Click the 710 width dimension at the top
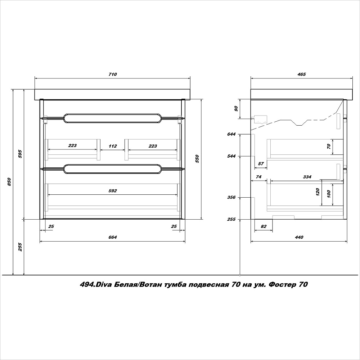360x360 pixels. pyautogui.click(x=112, y=74)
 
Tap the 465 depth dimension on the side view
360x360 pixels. pyautogui.click(x=301, y=74)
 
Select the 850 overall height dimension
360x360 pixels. pyautogui.click(x=9, y=182)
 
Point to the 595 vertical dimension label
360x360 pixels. pyautogui.click(x=20, y=154)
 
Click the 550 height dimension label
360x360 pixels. pyautogui.click(x=197, y=159)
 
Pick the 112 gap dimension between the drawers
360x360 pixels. pyautogui.click(x=112, y=146)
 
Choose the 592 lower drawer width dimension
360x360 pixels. pyautogui.click(x=112, y=191)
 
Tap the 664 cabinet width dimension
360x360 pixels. pyautogui.click(x=112, y=237)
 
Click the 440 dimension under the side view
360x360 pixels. pyautogui.click(x=299, y=237)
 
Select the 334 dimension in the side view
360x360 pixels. pyautogui.click(x=307, y=177)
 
